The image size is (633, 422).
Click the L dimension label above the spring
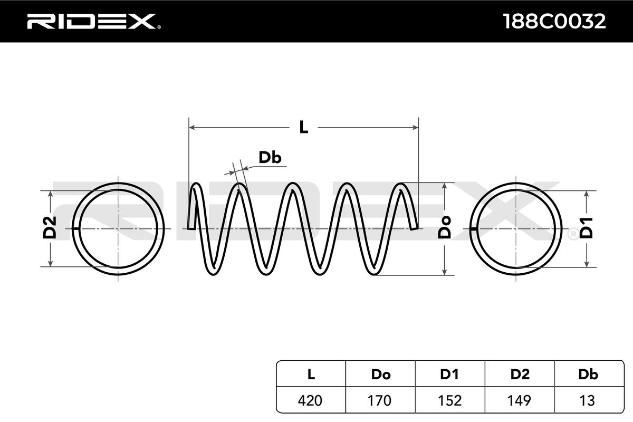pos(303,127)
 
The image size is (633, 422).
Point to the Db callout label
pos(270,157)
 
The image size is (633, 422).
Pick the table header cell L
pos(311,375)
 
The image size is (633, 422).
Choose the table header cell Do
pos(380,375)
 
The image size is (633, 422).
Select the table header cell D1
pos(449,375)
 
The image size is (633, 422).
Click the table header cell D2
pos(520,375)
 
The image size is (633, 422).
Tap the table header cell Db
pos(588,375)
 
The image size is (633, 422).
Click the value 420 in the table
pos(311,400)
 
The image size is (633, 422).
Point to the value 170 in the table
pos(380,400)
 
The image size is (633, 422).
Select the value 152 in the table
pos(449,400)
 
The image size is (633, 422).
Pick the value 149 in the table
pos(520,400)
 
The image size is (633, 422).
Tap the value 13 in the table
pos(588,400)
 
